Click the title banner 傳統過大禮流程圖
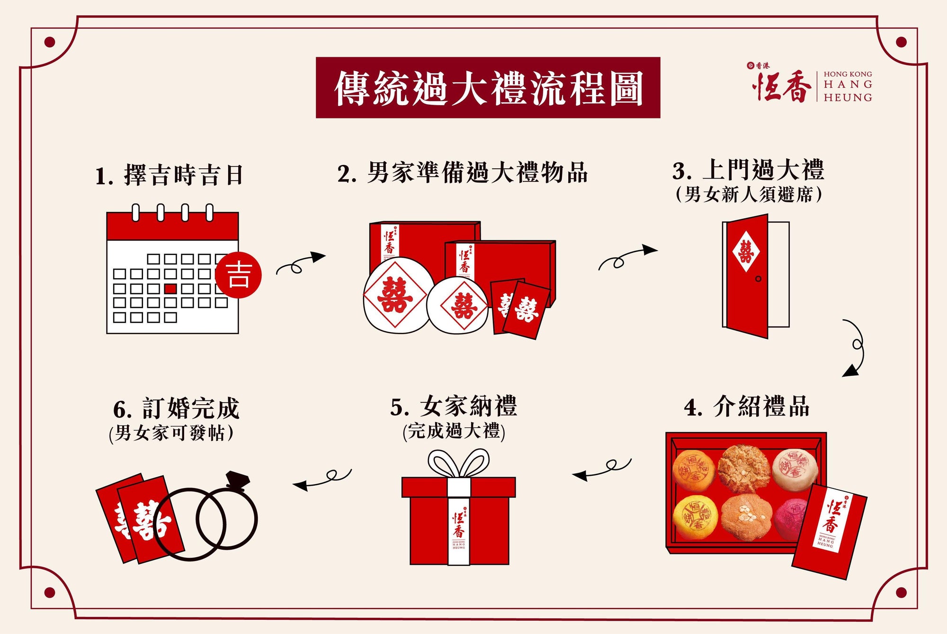pyautogui.click(x=488, y=88)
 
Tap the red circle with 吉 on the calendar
pyautogui.click(x=238, y=275)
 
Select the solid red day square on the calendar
pyautogui.click(x=170, y=289)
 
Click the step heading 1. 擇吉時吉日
pyautogui.click(x=169, y=175)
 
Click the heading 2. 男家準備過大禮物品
pyautogui.click(x=462, y=173)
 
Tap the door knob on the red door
pyautogui.click(x=758, y=279)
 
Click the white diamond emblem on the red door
pyautogui.click(x=746, y=251)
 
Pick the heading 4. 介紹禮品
pyautogui.click(x=747, y=407)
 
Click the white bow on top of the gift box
pyautogui.click(x=458, y=462)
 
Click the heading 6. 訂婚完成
pyautogui.click(x=176, y=408)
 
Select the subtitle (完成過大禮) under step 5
pyautogui.click(x=454, y=431)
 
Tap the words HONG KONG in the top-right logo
pyautogui.click(x=848, y=74)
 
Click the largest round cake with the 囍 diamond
pyautogui.click(x=395, y=296)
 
